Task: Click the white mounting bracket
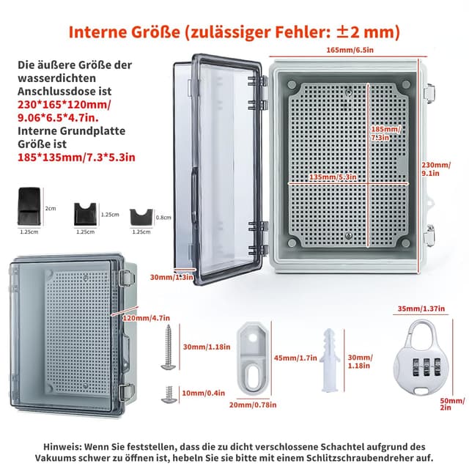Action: [251, 359]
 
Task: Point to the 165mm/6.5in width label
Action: [352, 51]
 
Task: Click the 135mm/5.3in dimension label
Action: [333, 177]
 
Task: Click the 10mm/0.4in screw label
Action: [204, 394]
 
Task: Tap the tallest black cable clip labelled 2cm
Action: [29, 208]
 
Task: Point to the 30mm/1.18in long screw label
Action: [204, 347]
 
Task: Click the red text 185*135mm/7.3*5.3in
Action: [76, 156]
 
